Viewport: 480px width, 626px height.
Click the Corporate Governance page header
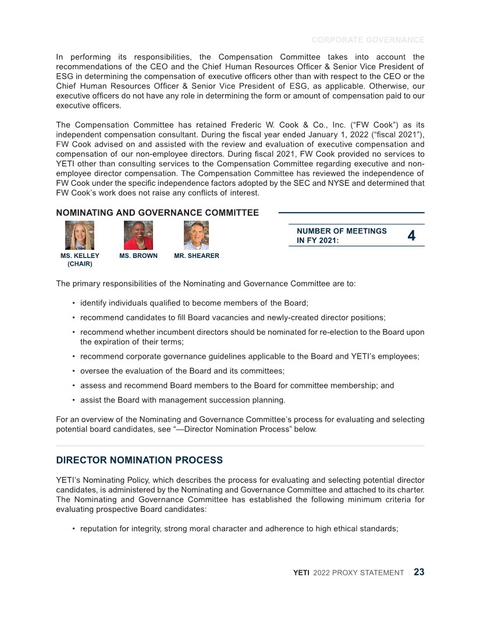(x=368, y=40)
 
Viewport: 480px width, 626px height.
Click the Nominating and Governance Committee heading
(x=158, y=213)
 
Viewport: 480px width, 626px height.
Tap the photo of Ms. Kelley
(x=80, y=235)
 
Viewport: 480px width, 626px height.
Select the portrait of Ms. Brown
(x=138, y=235)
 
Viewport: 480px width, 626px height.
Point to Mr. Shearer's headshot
(x=197, y=235)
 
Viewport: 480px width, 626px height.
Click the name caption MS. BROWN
(x=138, y=256)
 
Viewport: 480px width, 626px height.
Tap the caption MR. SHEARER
(x=197, y=256)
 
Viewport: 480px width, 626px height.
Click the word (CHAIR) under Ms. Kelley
(x=80, y=264)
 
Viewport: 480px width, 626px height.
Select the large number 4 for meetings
(x=411, y=236)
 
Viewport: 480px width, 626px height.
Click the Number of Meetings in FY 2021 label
(x=342, y=236)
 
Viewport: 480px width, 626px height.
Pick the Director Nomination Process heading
(x=139, y=460)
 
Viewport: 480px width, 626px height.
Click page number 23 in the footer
(x=419, y=572)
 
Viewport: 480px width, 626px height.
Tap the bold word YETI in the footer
(x=301, y=573)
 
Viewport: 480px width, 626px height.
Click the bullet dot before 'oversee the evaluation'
(x=73, y=370)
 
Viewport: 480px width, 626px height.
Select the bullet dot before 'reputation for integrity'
(x=73, y=529)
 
